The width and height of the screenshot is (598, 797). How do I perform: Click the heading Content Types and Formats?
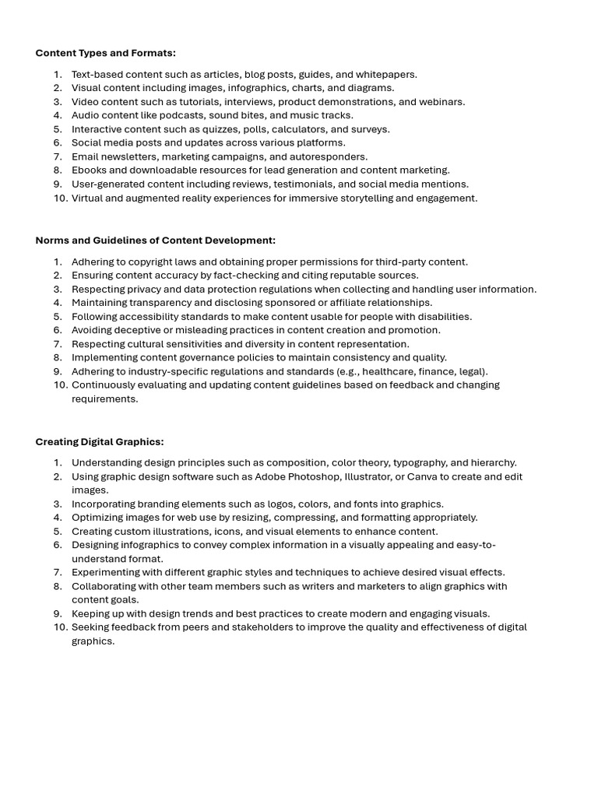[x=105, y=53]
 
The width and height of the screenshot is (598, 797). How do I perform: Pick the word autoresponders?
[x=327, y=156]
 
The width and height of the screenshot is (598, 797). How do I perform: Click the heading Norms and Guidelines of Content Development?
[x=155, y=241]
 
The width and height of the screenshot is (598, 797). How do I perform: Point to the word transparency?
[x=157, y=303]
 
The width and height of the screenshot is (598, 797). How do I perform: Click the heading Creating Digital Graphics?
[x=99, y=441]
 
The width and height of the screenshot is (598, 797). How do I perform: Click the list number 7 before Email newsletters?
[x=58, y=156]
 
